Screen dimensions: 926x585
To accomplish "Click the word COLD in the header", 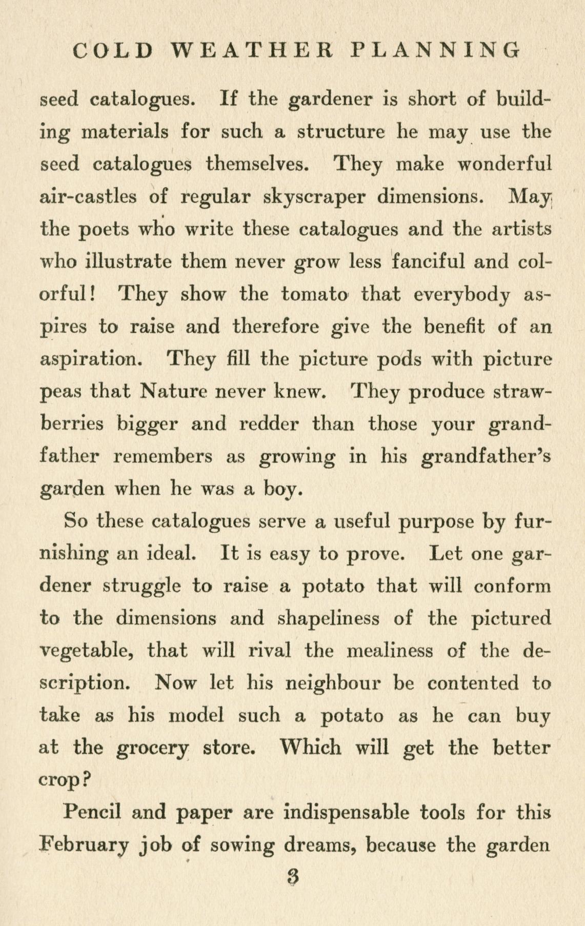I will [112, 50].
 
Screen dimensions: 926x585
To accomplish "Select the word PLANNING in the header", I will [436, 50].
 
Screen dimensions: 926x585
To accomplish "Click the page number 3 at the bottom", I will [293, 877].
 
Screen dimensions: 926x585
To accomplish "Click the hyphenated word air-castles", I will [88, 196].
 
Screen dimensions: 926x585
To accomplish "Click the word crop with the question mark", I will [65, 780].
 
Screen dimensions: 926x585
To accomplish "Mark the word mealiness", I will [390, 651].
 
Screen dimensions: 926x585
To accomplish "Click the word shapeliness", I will [328, 618].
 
